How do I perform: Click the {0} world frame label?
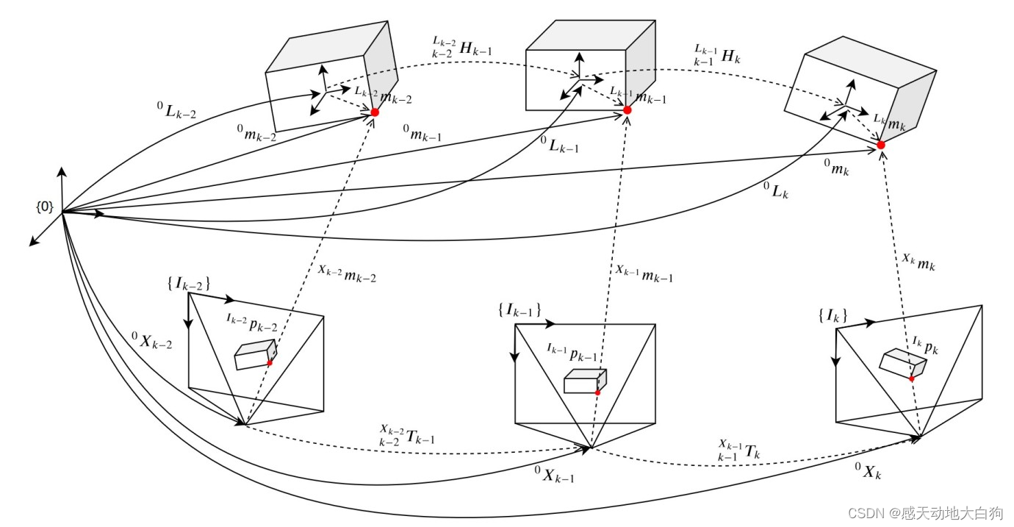44,207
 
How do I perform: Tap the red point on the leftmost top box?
375,112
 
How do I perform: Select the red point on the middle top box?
628,110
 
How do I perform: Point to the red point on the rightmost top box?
881,146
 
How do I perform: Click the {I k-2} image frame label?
190,283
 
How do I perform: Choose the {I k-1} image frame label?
519,310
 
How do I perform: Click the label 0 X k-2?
152,340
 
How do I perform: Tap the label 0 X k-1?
554,475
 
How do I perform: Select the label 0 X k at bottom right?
867,471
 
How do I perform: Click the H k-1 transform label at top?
463,49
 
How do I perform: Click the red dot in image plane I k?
912,379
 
